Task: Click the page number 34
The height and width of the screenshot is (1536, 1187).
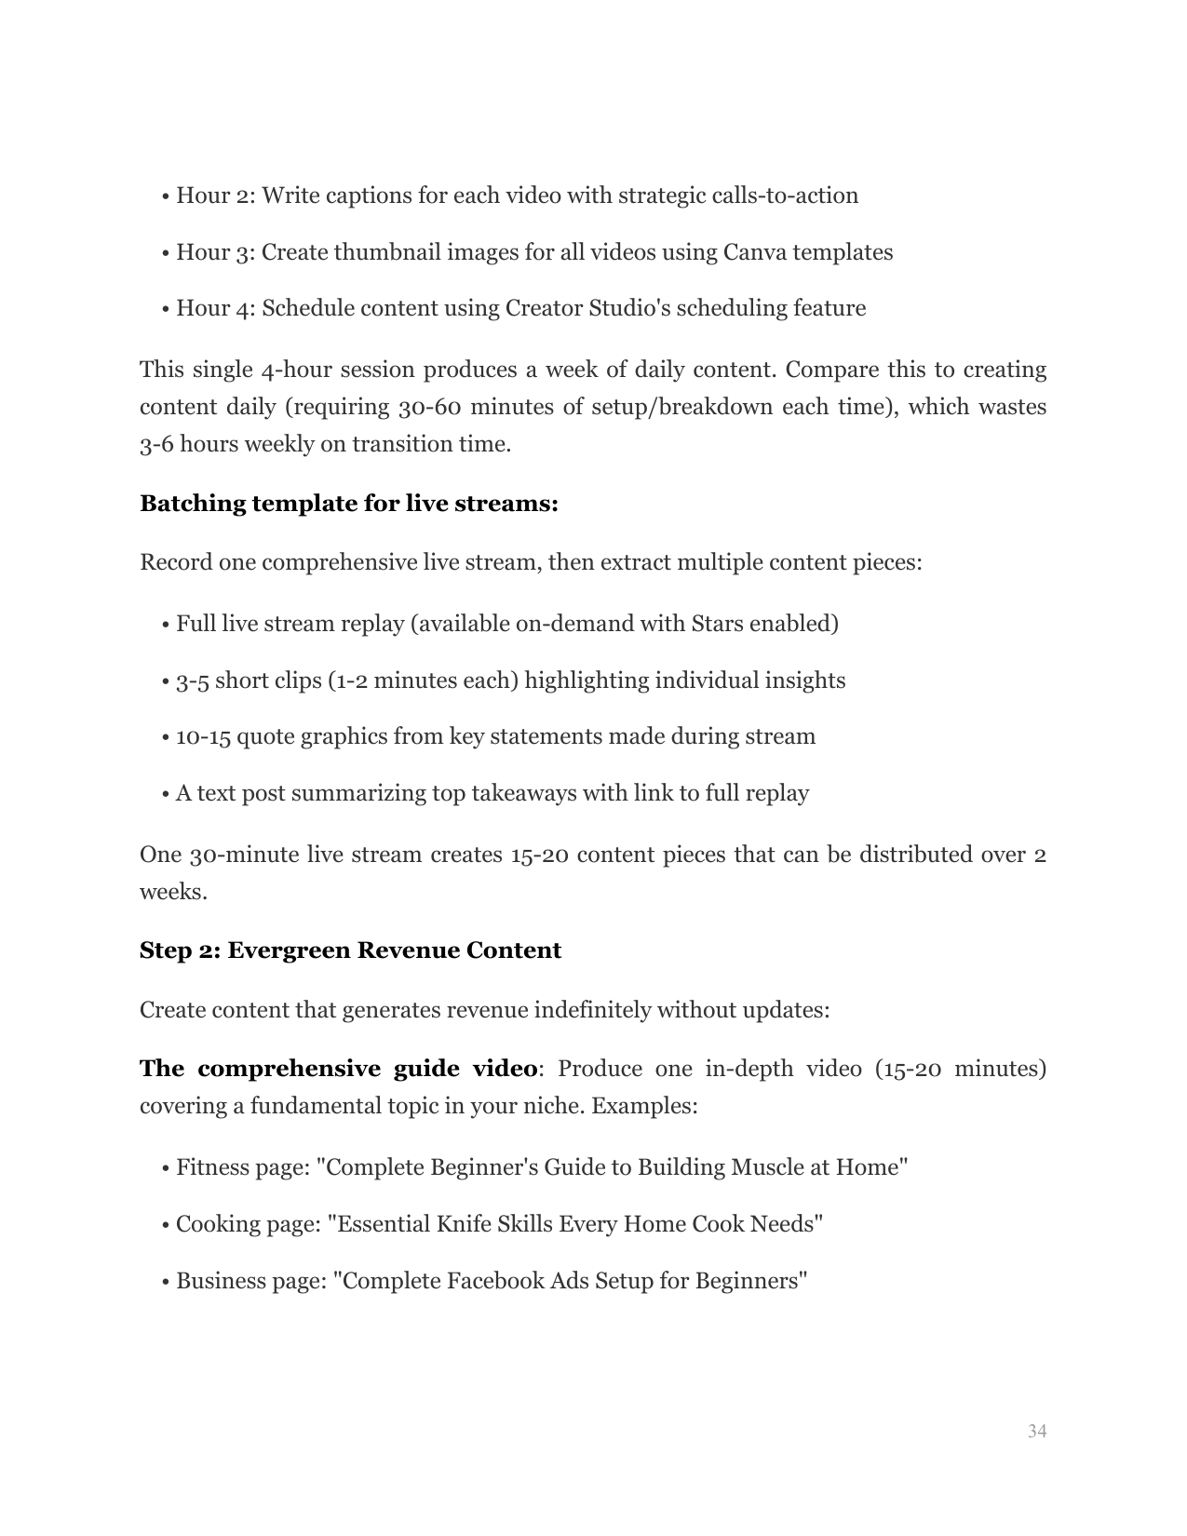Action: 1036,1431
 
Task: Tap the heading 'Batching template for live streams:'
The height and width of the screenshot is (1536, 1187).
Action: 348,504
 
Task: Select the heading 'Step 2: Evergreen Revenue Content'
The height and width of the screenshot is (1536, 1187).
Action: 350,950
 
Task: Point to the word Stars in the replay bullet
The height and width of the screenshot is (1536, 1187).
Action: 716,624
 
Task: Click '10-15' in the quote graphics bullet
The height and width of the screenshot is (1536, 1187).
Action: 203,737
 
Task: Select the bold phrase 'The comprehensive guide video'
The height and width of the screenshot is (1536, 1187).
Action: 338,1069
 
